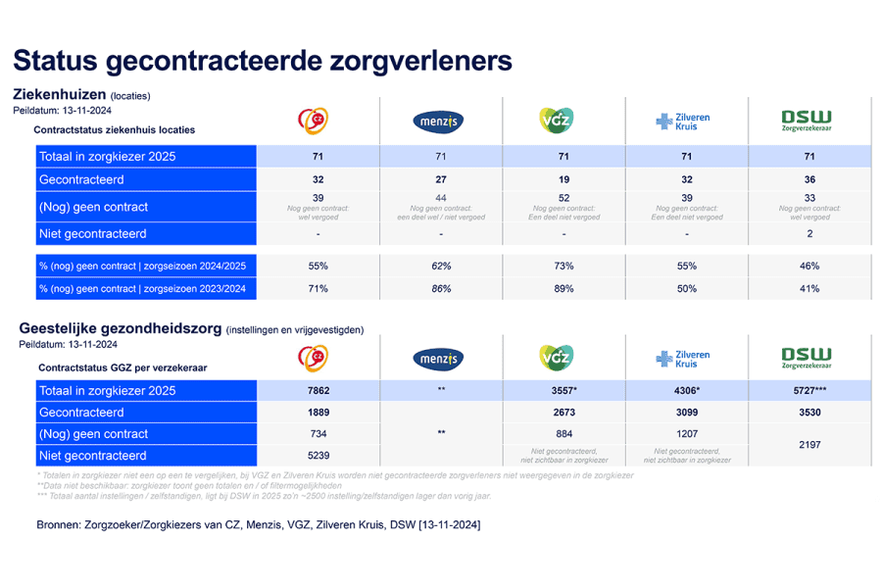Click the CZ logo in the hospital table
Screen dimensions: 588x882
tap(314, 121)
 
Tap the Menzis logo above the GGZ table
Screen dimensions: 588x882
tap(438, 359)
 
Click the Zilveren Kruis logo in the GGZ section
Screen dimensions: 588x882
tap(682, 359)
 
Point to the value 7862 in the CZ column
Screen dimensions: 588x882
tap(318, 391)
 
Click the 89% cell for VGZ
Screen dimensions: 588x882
tap(563, 288)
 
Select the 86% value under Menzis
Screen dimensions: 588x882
tap(441, 288)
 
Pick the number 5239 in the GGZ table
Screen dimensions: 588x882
tap(318, 456)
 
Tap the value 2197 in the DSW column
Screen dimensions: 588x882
tap(808, 445)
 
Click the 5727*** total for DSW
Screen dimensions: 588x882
tap(808, 391)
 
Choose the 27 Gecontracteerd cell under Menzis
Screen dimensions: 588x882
tap(441, 179)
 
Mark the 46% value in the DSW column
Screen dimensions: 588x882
tap(808, 266)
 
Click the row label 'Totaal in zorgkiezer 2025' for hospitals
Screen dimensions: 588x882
tap(107, 157)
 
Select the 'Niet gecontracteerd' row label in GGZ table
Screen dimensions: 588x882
tap(92, 456)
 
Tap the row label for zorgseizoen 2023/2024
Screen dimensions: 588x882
tap(142, 288)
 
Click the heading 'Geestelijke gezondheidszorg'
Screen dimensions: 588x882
tap(117, 329)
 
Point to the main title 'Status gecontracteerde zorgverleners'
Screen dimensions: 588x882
tap(263, 61)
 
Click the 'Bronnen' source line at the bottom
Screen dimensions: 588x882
tap(258, 525)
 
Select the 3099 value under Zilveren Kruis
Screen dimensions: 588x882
tap(686, 413)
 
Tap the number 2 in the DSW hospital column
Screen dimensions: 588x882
tap(808, 234)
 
